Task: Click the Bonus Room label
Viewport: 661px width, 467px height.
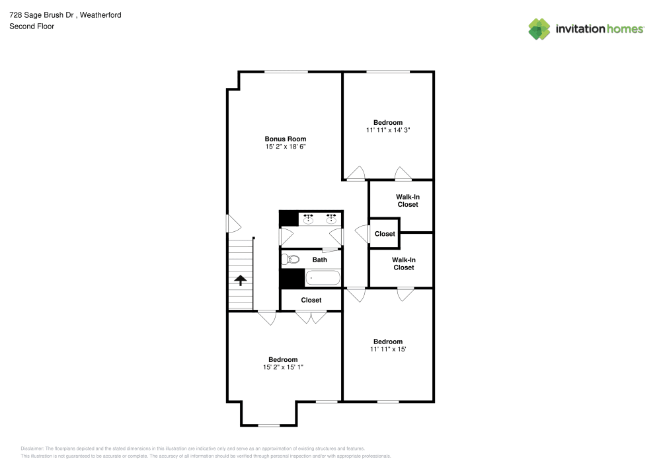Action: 286,139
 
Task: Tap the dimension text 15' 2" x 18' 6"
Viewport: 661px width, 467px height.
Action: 286,147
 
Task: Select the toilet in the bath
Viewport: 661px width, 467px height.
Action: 286,260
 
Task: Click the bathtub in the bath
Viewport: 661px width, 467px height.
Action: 323,278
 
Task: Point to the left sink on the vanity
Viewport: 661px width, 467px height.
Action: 308,219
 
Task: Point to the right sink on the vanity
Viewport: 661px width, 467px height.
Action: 330,219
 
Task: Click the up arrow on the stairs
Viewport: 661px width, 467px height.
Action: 241,280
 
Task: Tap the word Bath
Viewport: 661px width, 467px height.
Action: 320,260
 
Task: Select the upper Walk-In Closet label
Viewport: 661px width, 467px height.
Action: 408,200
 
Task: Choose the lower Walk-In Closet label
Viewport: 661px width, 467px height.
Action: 404,264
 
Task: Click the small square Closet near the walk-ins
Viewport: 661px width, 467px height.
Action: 385,234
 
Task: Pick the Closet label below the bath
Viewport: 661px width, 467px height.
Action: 311,300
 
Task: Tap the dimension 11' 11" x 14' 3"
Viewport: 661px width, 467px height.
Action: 388,130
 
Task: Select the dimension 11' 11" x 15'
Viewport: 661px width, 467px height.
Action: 388,349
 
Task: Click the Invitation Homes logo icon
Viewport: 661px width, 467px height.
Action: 539,28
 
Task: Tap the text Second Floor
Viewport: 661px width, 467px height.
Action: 32,26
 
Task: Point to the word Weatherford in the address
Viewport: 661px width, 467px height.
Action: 99,15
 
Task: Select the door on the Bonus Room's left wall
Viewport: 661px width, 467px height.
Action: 231,223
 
